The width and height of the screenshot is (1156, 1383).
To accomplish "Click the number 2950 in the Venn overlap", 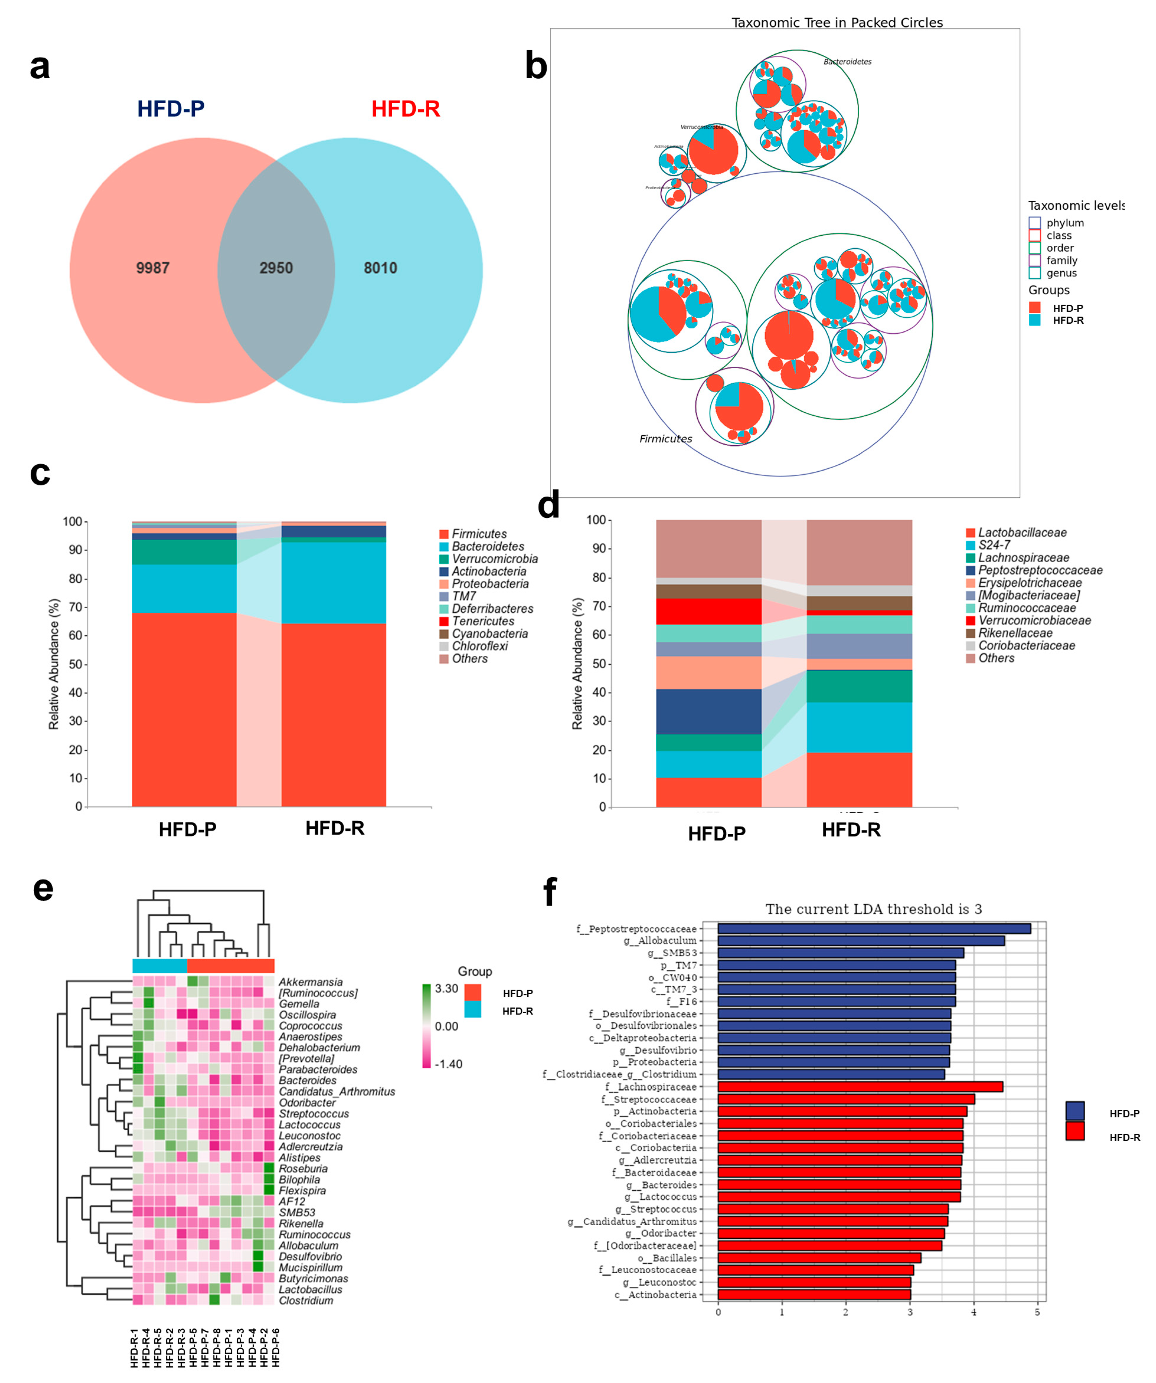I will coord(276,268).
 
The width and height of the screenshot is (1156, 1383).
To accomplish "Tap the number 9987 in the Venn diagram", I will coord(153,268).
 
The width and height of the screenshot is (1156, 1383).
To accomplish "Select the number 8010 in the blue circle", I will coord(380,268).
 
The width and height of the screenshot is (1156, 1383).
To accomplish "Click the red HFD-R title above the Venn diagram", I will coord(406,109).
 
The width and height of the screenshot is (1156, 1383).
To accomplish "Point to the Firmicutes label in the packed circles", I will coord(666,439).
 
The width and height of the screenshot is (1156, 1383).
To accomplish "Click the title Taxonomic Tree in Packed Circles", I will coord(837,22).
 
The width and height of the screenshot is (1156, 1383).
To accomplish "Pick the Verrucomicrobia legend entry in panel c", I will coord(494,559).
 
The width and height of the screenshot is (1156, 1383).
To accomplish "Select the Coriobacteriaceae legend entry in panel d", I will coord(1026,645).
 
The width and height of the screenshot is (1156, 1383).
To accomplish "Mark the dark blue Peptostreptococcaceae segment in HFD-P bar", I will coord(708,711).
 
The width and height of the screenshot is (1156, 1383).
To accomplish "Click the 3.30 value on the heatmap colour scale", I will coord(446,988).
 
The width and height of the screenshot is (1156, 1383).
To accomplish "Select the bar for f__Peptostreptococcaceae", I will coord(874,929).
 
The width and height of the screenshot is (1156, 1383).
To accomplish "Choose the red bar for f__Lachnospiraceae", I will coord(860,1086).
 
